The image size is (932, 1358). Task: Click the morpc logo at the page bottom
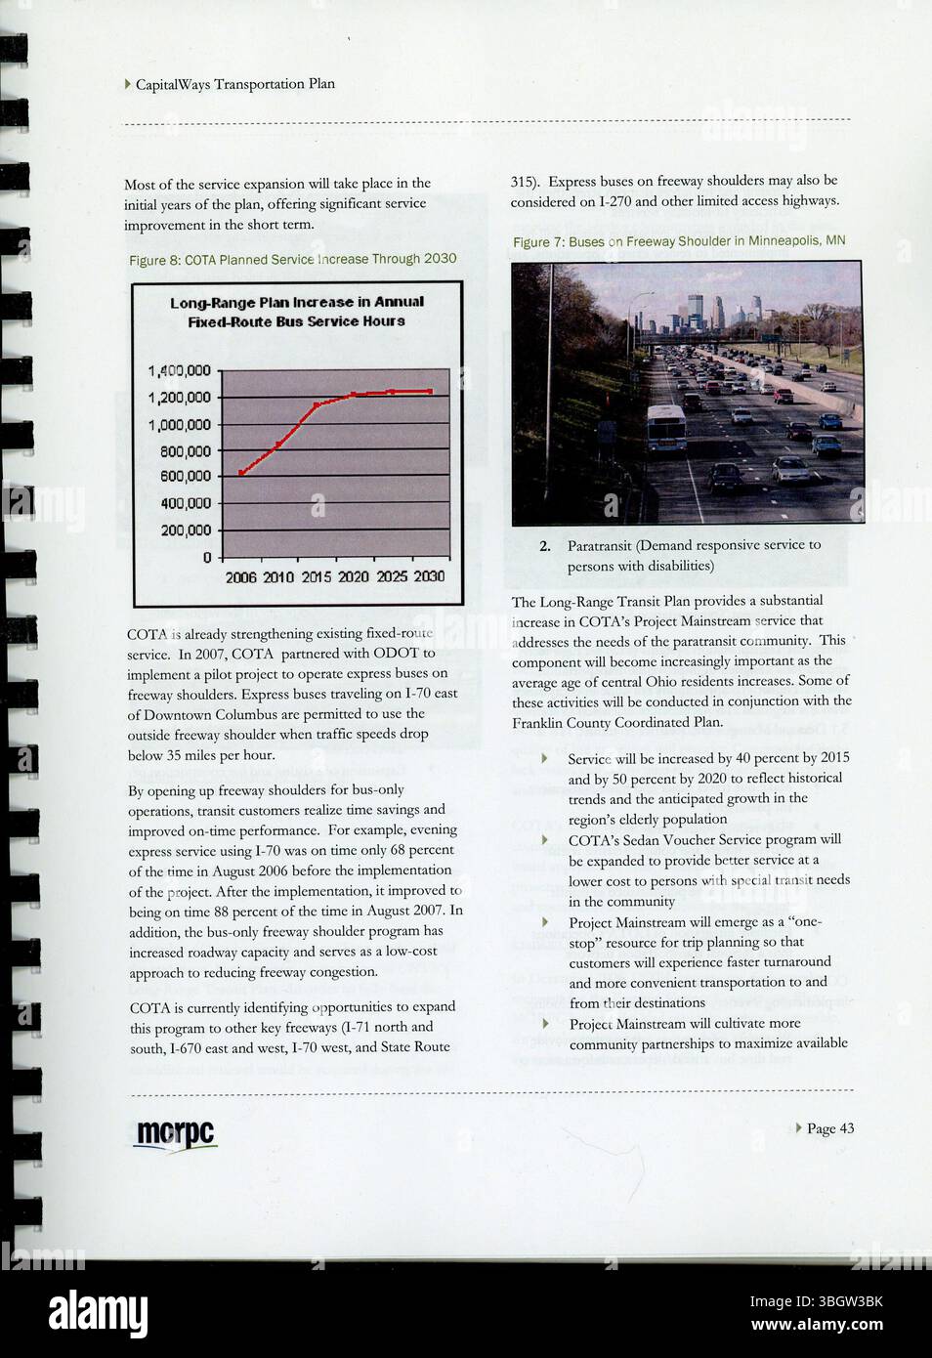click(175, 1134)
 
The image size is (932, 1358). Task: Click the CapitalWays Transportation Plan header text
click(234, 84)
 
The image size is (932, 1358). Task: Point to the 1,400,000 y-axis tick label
click(179, 371)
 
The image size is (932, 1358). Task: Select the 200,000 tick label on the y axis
click(185, 530)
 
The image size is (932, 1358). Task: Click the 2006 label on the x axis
click(240, 577)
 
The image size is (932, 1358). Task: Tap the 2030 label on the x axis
click(429, 576)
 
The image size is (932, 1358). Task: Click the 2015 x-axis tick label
click(316, 577)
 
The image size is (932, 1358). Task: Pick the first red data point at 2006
click(241, 473)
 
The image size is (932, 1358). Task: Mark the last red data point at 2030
click(430, 391)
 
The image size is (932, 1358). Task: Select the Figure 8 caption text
click(292, 259)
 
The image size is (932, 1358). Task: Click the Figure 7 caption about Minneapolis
click(679, 241)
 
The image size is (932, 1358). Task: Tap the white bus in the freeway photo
click(666, 426)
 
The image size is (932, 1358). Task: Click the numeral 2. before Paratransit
click(545, 546)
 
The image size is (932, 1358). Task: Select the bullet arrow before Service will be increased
click(545, 758)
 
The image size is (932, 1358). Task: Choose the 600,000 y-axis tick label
click(185, 477)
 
